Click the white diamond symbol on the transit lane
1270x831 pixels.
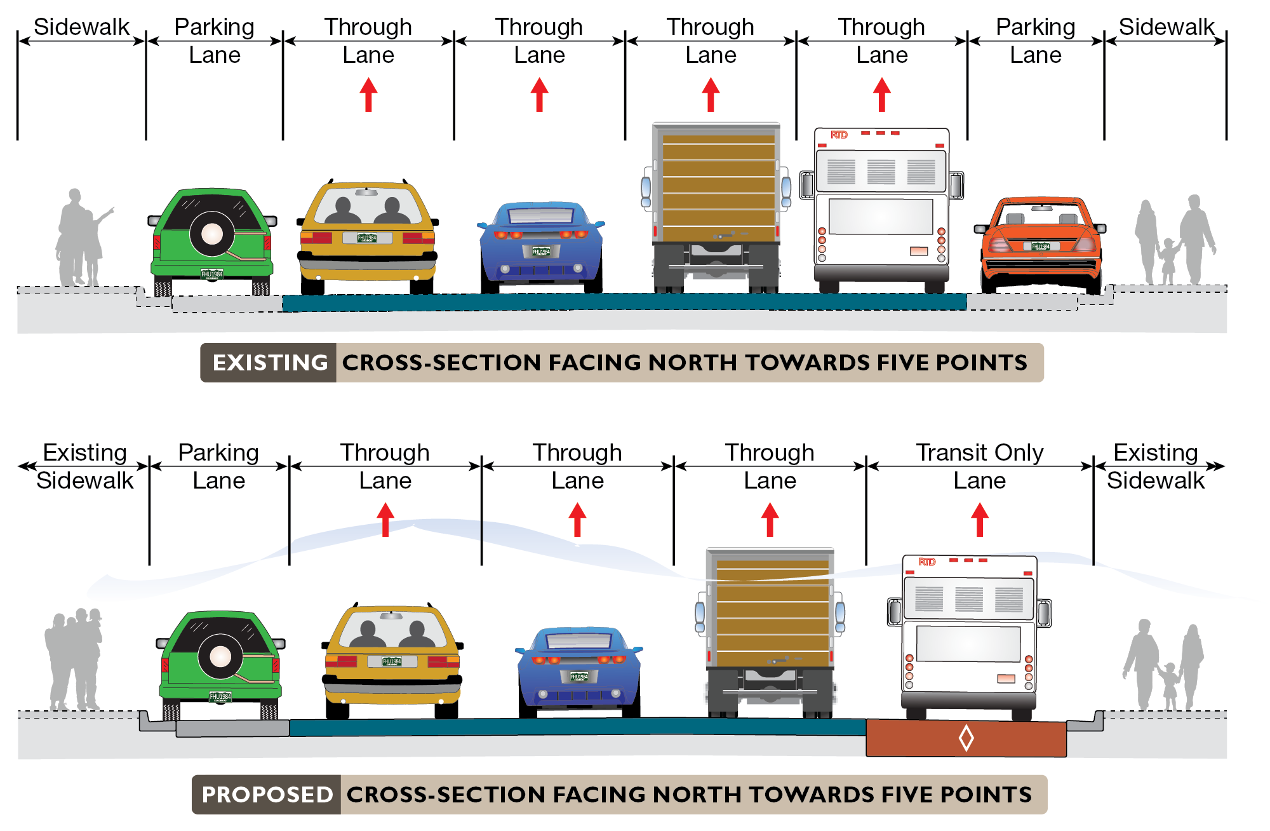966,738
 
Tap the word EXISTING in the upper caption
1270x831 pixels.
270,363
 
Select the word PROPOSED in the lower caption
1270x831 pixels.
267,795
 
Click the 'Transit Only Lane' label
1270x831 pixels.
979,466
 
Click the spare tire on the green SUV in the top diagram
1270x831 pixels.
212,234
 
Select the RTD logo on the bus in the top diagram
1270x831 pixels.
839,135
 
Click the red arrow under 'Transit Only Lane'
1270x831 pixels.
980,519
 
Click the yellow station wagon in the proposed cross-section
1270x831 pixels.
392,661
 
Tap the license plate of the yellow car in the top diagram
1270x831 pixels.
367,238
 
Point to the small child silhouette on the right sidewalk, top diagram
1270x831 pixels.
1168,260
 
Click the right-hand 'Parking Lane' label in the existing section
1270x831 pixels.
1035,41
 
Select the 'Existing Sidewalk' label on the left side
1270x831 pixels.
85,466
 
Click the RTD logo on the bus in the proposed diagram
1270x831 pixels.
926,562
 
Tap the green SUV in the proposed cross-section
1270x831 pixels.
220,664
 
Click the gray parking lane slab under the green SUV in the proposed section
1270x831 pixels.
232,729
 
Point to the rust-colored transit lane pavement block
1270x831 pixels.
914,738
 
